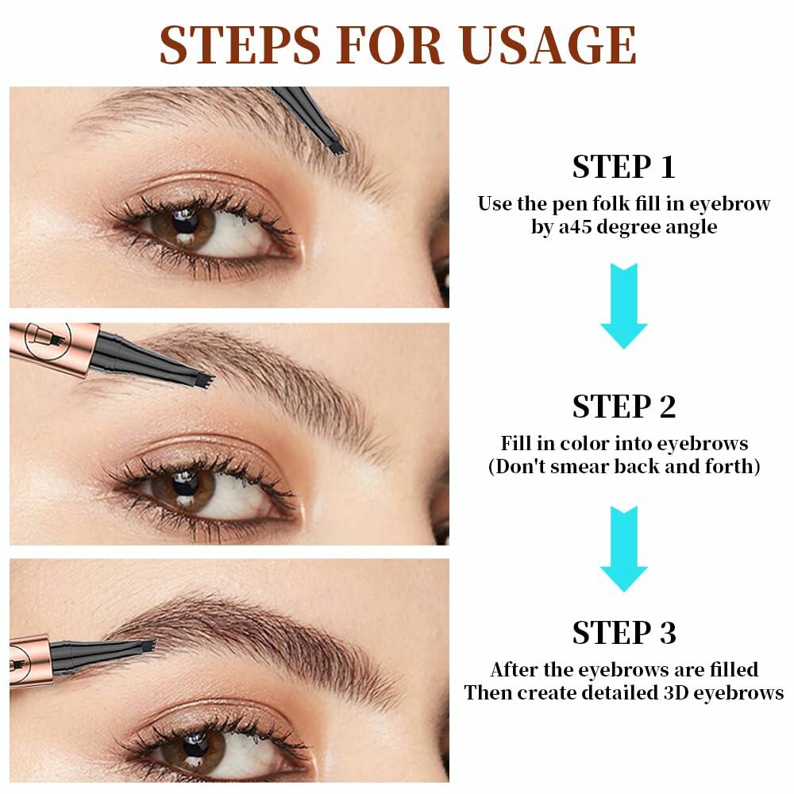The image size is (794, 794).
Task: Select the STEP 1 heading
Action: (x=623, y=168)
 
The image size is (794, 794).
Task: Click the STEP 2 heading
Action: (x=623, y=407)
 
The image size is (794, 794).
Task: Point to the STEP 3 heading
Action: (x=623, y=633)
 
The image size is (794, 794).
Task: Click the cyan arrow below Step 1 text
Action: (x=623, y=306)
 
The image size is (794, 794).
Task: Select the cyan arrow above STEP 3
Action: (x=623, y=548)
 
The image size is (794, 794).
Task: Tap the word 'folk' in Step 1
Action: (x=603, y=204)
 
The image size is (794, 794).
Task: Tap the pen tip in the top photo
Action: (x=337, y=146)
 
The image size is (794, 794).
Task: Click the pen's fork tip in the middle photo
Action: (x=205, y=380)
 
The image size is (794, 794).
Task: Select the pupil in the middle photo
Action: (x=183, y=480)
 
